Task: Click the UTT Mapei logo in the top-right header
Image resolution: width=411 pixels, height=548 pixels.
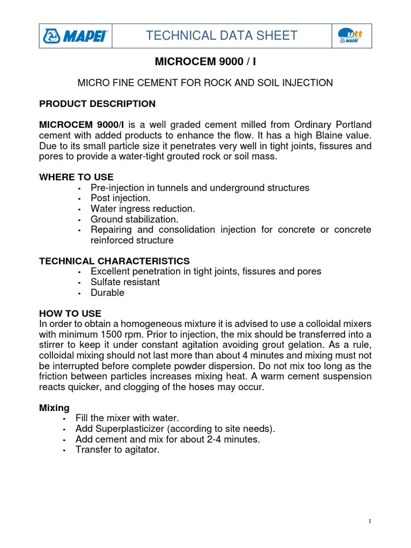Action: (x=352, y=36)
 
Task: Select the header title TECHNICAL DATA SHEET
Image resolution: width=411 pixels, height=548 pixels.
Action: (x=222, y=36)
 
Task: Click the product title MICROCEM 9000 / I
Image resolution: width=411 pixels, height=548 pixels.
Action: (x=205, y=62)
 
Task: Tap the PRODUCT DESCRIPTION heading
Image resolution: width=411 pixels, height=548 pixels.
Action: (x=97, y=104)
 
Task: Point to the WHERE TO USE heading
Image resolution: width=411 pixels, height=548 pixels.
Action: (x=77, y=177)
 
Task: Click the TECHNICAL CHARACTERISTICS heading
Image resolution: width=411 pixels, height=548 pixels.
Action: (x=115, y=261)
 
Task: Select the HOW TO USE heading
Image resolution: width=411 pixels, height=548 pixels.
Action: (x=70, y=313)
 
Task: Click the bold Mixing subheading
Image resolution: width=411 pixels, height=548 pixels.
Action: (x=54, y=407)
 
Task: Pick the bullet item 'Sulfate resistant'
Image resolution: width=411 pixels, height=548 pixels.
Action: (x=125, y=282)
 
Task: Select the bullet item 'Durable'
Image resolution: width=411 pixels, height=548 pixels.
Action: (x=108, y=293)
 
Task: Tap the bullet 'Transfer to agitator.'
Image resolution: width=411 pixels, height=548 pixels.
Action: (x=118, y=450)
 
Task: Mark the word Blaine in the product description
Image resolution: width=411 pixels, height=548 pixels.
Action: (x=330, y=135)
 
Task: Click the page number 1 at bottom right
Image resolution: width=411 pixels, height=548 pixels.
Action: (x=370, y=521)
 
